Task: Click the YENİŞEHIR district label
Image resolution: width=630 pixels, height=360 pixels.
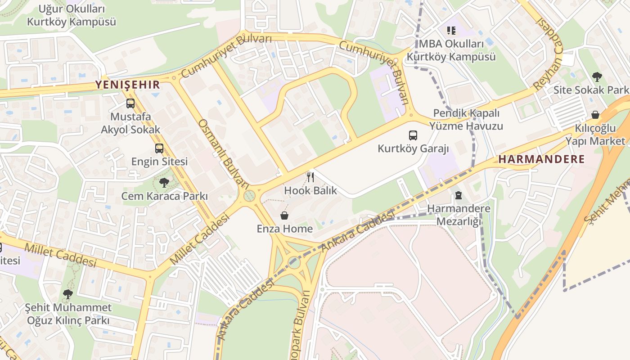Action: click(x=127, y=85)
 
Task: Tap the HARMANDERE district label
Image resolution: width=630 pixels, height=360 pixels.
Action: click(x=542, y=159)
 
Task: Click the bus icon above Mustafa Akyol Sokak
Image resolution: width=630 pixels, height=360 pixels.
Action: click(x=130, y=103)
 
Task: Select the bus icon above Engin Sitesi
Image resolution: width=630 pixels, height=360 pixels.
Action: click(x=159, y=148)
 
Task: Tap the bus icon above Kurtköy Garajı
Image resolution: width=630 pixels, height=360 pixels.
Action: click(x=413, y=135)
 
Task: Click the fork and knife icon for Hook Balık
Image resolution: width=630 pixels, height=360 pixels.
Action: click(x=310, y=177)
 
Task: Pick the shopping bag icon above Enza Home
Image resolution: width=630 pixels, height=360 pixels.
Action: click(x=284, y=216)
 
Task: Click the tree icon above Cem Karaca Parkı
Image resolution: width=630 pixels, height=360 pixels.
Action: click(x=164, y=183)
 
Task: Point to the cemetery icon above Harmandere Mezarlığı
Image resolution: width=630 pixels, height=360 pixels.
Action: click(x=459, y=195)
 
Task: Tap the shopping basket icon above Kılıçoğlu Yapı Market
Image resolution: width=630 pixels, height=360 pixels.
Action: click(x=595, y=115)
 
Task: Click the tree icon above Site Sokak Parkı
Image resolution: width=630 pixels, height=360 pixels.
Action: click(x=597, y=76)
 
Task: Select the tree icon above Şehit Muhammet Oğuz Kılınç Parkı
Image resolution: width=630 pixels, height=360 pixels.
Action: click(x=68, y=294)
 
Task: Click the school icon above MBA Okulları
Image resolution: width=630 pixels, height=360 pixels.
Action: click(x=451, y=31)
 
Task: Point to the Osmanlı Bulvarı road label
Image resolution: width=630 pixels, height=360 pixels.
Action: click(x=224, y=153)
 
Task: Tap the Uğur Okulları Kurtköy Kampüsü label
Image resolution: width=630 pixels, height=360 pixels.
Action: click(x=71, y=15)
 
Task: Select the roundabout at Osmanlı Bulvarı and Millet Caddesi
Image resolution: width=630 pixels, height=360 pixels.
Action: click(x=249, y=196)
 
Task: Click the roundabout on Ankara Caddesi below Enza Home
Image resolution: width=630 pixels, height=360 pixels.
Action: click(x=294, y=262)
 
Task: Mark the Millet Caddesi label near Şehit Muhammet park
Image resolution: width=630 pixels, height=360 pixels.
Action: click(x=60, y=255)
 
